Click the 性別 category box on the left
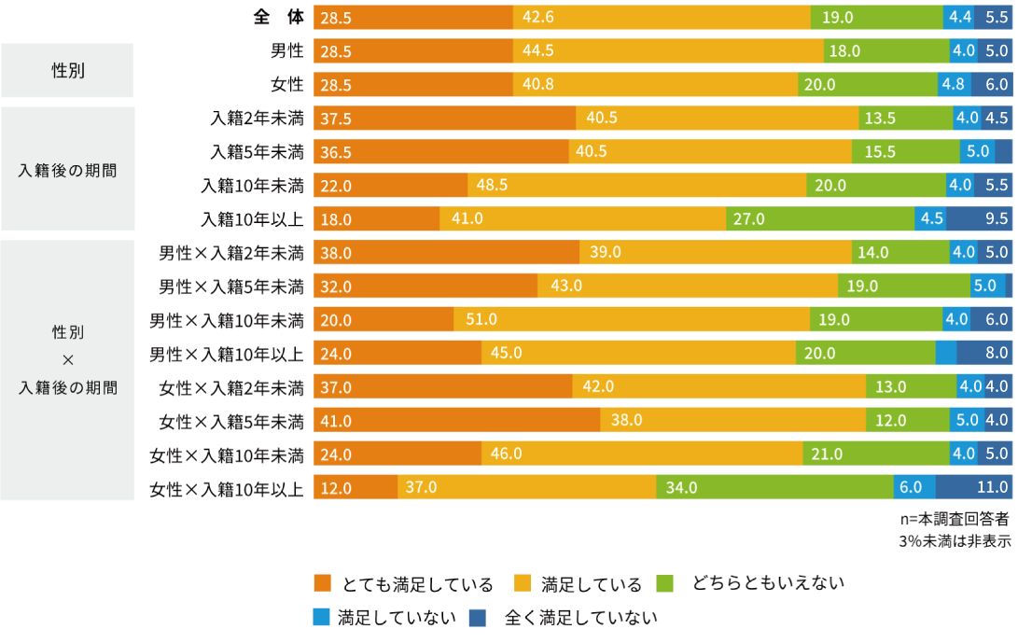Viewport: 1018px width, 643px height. (67, 70)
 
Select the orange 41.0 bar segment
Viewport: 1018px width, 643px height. (456, 420)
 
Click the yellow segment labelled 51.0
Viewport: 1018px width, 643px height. (632, 319)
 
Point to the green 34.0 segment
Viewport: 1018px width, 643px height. (774, 487)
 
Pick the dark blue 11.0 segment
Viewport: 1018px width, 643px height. (974, 487)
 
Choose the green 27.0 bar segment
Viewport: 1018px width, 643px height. (820, 219)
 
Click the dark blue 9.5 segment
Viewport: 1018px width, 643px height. (980, 219)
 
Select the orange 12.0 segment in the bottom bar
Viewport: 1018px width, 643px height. (356, 487)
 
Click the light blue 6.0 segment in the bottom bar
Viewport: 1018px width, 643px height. (914, 487)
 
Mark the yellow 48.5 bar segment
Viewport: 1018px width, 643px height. (636, 185)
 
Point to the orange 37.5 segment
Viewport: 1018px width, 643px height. (444, 119)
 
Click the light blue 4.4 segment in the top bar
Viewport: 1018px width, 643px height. (958, 17)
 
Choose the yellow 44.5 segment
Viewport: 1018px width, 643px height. (668, 50)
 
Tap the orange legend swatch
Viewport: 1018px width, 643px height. (323, 583)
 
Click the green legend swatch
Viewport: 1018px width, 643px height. (664, 583)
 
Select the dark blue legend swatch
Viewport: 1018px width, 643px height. (477, 617)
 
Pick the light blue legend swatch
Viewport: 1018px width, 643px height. (323, 617)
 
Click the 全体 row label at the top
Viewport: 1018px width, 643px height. (278, 17)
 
